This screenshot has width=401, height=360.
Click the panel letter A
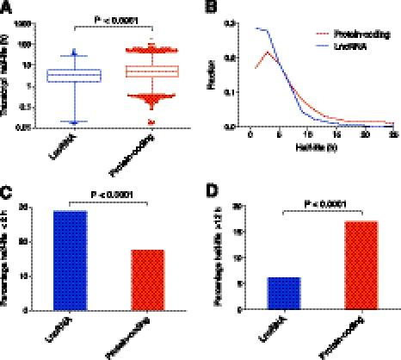coord(7,8)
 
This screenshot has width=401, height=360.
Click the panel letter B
coord(212,8)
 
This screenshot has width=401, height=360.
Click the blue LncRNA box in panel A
coord(77,76)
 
